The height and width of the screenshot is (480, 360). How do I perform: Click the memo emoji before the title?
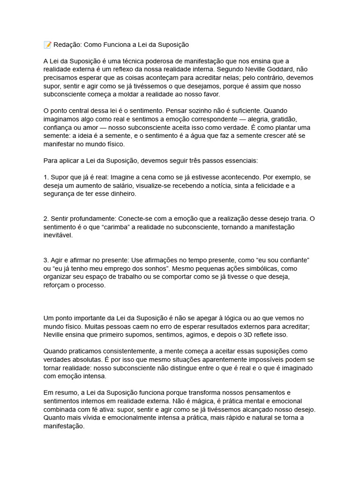[47, 45]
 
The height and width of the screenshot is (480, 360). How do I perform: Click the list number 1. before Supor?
[46, 177]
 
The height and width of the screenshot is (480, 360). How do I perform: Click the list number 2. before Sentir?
[46, 218]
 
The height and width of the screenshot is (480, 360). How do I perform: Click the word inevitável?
[58, 235]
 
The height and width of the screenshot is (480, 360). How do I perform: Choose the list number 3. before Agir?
[46, 260]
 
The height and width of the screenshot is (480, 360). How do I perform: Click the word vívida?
[91, 418]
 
